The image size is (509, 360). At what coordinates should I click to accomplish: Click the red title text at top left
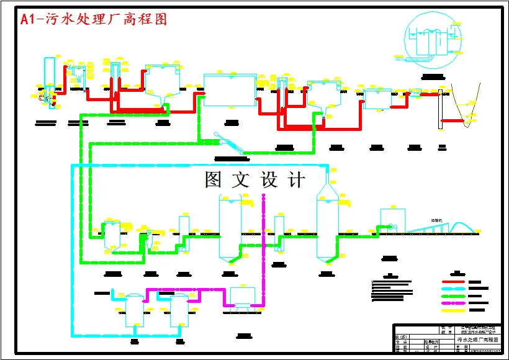pyautogui.click(x=94, y=19)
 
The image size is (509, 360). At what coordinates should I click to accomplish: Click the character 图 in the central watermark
pyautogui.click(x=214, y=179)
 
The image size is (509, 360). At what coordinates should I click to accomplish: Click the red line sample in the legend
pyautogui.click(x=453, y=282)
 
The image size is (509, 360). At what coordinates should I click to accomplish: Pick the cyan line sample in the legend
pyautogui.click(x=453, y=289)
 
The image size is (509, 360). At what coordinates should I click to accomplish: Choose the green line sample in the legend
pyautogui.click(x=453, y=296)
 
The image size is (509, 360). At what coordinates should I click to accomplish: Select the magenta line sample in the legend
pyautogui.click(x=453, y=303)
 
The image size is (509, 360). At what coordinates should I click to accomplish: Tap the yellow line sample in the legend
pyautogui.click(x=453, y=310)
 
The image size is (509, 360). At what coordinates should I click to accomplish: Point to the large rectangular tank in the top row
pyautogui.click(x=230, y=91)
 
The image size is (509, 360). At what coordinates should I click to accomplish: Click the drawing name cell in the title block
pyautogui.click(x=477, y=340)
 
